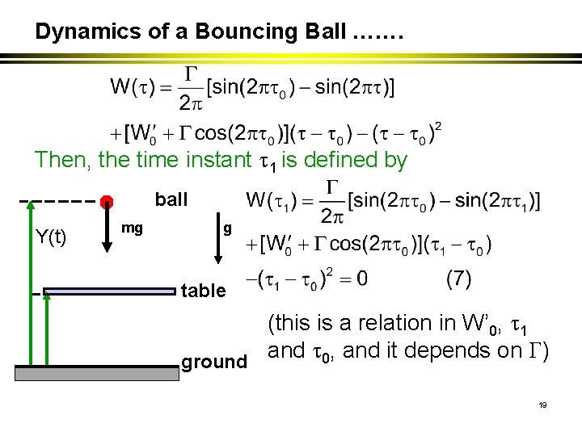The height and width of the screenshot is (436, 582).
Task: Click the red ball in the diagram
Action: pyautogui.click(x=105, y=201)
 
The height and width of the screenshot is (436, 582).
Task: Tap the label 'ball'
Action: pyautogui.click(x=171, y=199)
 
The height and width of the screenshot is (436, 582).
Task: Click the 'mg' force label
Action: pyautogui.click(x=132, y=228)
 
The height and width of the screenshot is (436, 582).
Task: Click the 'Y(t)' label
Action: pyautogui.click(x=52, y=236)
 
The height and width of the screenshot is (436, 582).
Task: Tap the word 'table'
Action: pyautogui.click(x=203, y=291)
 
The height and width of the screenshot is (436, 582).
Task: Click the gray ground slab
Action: pyautogui.click(x=97, y=372)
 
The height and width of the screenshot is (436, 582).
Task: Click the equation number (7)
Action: pyautogui.click(x=458, y=279)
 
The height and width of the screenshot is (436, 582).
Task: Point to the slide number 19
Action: pyautogui.click(x=542, y=405)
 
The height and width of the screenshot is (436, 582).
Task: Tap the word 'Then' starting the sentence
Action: pyautogui.click(x=61, y=160)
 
